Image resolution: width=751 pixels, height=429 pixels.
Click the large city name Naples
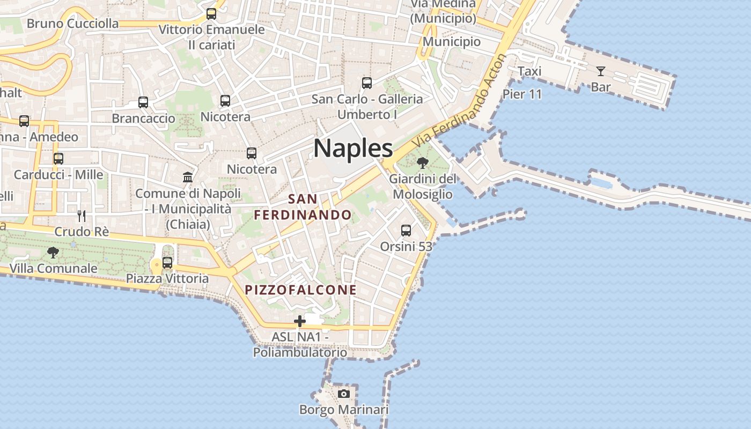pos(353,148)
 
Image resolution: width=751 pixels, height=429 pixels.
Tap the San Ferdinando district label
pos(303,207)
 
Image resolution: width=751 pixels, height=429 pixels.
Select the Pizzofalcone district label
pos(301,290)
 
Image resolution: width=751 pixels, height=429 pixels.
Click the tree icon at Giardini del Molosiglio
pos(423,162)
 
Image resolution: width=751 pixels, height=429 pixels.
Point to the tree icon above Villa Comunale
pos(53,252)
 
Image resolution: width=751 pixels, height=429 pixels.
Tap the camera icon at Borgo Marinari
pos(344,394)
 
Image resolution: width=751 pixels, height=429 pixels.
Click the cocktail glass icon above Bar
pos(600,71)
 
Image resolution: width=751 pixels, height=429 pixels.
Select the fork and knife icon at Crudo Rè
pos(82,216)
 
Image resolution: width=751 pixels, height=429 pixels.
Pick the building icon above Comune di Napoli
pos(188,177)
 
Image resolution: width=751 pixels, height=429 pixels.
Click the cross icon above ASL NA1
pos(300,321)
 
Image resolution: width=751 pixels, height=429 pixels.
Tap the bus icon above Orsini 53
pos(406,231)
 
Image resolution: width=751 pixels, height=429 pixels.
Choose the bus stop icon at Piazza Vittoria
pos(167,263)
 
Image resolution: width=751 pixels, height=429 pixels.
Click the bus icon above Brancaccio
pos(143,102)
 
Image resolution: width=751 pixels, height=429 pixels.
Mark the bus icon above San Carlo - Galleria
pos(367,83)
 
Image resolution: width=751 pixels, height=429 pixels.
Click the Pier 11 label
pos(522,94)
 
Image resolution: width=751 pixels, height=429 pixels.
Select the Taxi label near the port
pos(529,71)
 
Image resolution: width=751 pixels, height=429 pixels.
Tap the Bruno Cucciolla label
pos(72,24)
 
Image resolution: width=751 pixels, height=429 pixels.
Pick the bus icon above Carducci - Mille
pos(58,159)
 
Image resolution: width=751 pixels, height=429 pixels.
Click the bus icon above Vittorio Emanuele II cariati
pos(211,13)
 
